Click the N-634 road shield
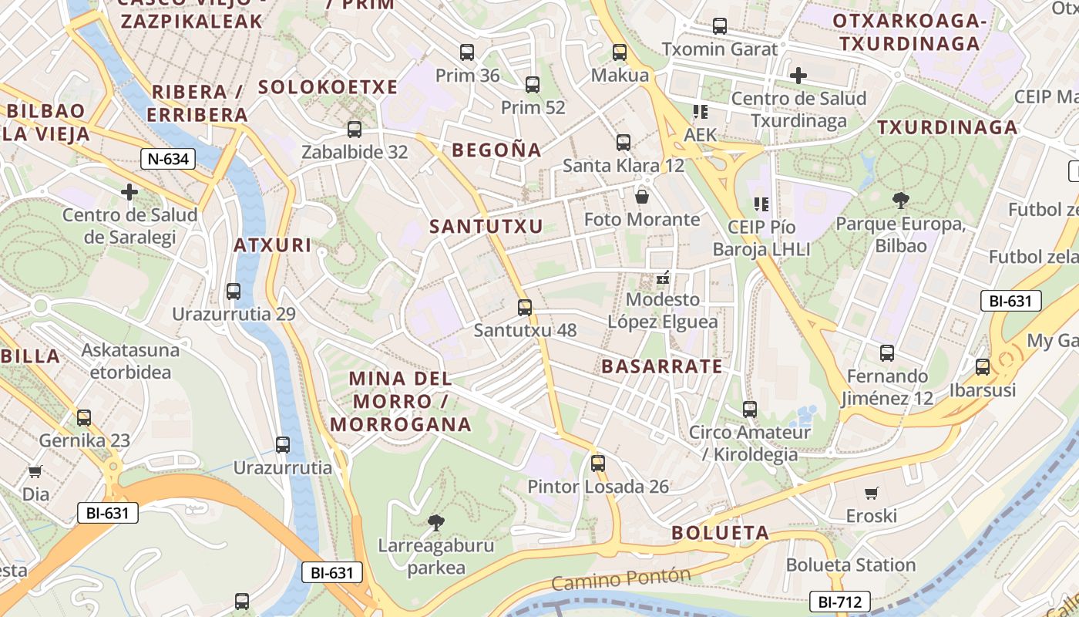click(168, 160)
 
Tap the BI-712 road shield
click(839, 602)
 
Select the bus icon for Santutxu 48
click(525, 308)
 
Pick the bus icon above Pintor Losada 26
click(598, 464)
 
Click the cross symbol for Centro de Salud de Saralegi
click(129, 191)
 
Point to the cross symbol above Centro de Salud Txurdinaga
click(798, 76)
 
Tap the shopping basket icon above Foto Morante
click(641, 197)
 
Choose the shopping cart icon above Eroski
click(872, 493)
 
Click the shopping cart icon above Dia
click(35, 471)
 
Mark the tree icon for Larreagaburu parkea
click(435, 523)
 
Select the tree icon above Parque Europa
click(900, 201)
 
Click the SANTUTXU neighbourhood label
click(486, 227)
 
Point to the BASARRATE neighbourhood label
click(662, 366)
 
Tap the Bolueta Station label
click(851, 565)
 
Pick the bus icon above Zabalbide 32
click(355, 130)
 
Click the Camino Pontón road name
click(621, 579)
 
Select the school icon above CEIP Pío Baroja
click(761, 204)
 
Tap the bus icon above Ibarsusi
click(983, 367)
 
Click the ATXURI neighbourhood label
click(273, 246)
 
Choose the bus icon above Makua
click(620, 52)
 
